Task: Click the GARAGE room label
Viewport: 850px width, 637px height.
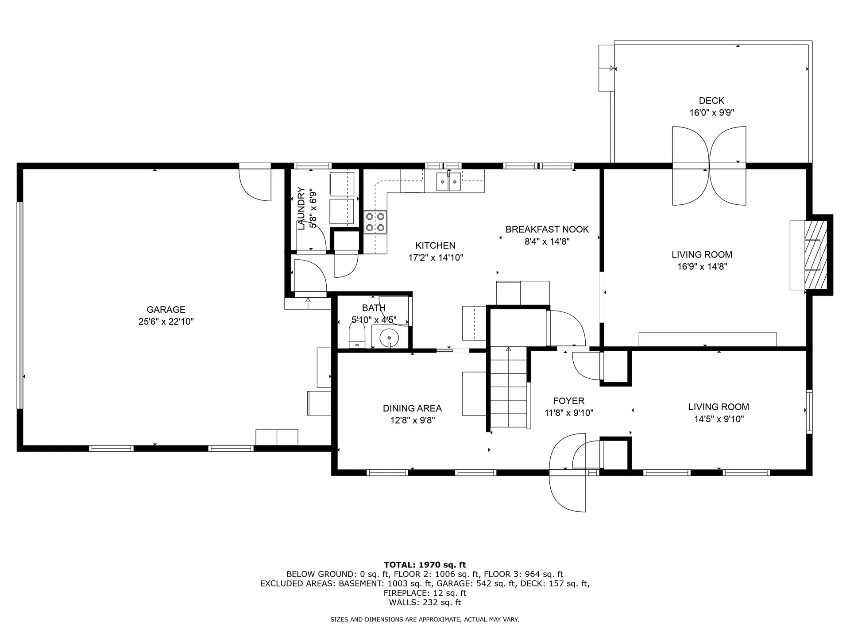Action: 166,310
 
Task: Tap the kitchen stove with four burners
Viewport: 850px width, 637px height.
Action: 375,222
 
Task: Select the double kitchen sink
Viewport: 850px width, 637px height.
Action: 448,182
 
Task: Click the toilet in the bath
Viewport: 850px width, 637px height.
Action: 357,335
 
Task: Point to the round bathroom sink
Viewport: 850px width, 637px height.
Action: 389,338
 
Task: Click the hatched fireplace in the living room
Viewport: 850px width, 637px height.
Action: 815,255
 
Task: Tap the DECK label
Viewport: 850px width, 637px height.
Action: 711,101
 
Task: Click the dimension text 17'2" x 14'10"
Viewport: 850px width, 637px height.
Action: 436,258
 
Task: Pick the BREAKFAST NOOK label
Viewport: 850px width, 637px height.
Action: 547,230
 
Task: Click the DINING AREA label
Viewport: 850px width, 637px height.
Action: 412,408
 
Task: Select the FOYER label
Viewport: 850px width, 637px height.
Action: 568,401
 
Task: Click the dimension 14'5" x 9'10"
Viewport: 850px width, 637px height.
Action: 719,419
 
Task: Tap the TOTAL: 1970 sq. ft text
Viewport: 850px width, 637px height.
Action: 425,564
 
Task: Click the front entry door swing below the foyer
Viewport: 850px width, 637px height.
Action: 568,491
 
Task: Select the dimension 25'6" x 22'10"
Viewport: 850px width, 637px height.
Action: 166,322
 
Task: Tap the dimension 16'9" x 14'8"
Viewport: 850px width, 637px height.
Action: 702,267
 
